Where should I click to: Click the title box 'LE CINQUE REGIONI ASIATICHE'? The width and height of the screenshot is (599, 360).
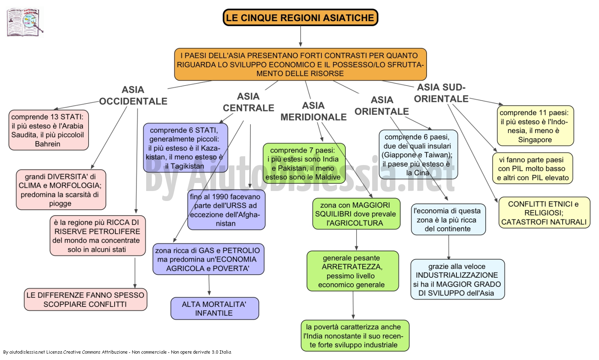pos(300,18)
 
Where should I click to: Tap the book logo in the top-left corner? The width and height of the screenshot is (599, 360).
pos(25,22)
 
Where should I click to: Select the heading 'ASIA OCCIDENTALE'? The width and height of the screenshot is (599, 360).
pos(133,95)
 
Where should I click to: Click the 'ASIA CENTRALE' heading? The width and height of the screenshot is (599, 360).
pos(248,102)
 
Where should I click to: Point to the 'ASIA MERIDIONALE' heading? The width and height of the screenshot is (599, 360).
pos(313,111)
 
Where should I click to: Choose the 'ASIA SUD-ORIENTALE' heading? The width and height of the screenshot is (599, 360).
pos(441,93)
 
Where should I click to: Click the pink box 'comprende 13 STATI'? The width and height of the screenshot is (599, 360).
pos(49,130)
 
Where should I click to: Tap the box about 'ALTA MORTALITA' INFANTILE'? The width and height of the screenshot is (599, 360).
pos(215,308)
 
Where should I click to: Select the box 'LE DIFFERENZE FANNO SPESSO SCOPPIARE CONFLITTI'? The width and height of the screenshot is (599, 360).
pos(85,300)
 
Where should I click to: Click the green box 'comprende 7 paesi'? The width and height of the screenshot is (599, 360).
pos(304,163)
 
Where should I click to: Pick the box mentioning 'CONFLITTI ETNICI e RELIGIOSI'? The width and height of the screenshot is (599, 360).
pos(544,213)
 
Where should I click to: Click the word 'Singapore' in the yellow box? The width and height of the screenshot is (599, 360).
pos(535,140)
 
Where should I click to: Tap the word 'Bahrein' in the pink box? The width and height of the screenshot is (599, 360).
pos(48,144)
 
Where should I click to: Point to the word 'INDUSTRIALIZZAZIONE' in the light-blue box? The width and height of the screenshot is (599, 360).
pos(457,275)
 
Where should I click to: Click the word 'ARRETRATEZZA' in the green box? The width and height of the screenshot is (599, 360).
pos(352,267)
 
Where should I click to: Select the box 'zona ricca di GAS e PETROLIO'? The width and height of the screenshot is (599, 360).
pos(208,259)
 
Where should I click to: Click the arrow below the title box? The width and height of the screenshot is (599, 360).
pos(301,36)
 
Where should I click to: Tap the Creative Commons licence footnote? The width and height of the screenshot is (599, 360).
pos(117,352)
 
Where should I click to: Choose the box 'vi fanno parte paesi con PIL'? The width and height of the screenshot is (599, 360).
pos(533,168)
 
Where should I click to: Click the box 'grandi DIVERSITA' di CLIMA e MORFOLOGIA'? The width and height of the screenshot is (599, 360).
pos(61,190)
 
